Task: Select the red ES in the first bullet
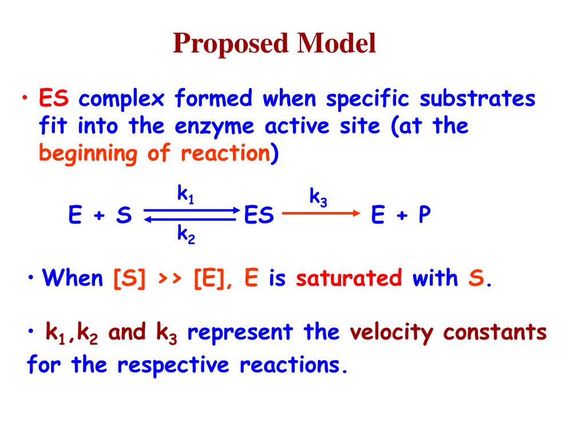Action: click(x=54, y=99)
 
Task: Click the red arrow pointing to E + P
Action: click(x=320, y=213)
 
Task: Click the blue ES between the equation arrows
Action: click(x=259, y=216)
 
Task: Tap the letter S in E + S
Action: click(x=124, y=216)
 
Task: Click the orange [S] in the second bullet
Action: click(x=129, y=279)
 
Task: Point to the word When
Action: click(x=73, y=278)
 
